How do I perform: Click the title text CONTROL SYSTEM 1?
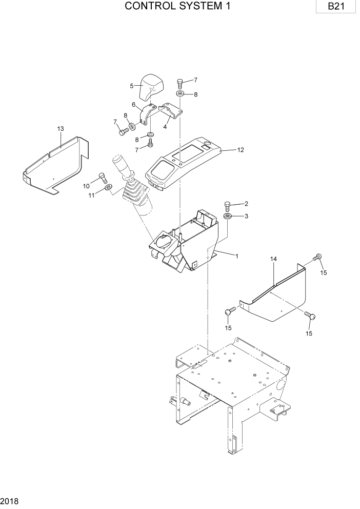(177, 7)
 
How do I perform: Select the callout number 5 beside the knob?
(132, 86)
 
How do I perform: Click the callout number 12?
(241, 150)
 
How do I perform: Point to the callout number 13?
(61, 128)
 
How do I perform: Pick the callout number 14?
(274, 260)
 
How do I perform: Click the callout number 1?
(236, 256)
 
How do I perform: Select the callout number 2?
(246, 204)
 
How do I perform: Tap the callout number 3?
(246, 216)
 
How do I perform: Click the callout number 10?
(87, 185)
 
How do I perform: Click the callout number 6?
(134, 105)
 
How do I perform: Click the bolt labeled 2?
(228, 206)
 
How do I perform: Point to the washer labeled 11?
(108, 188)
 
